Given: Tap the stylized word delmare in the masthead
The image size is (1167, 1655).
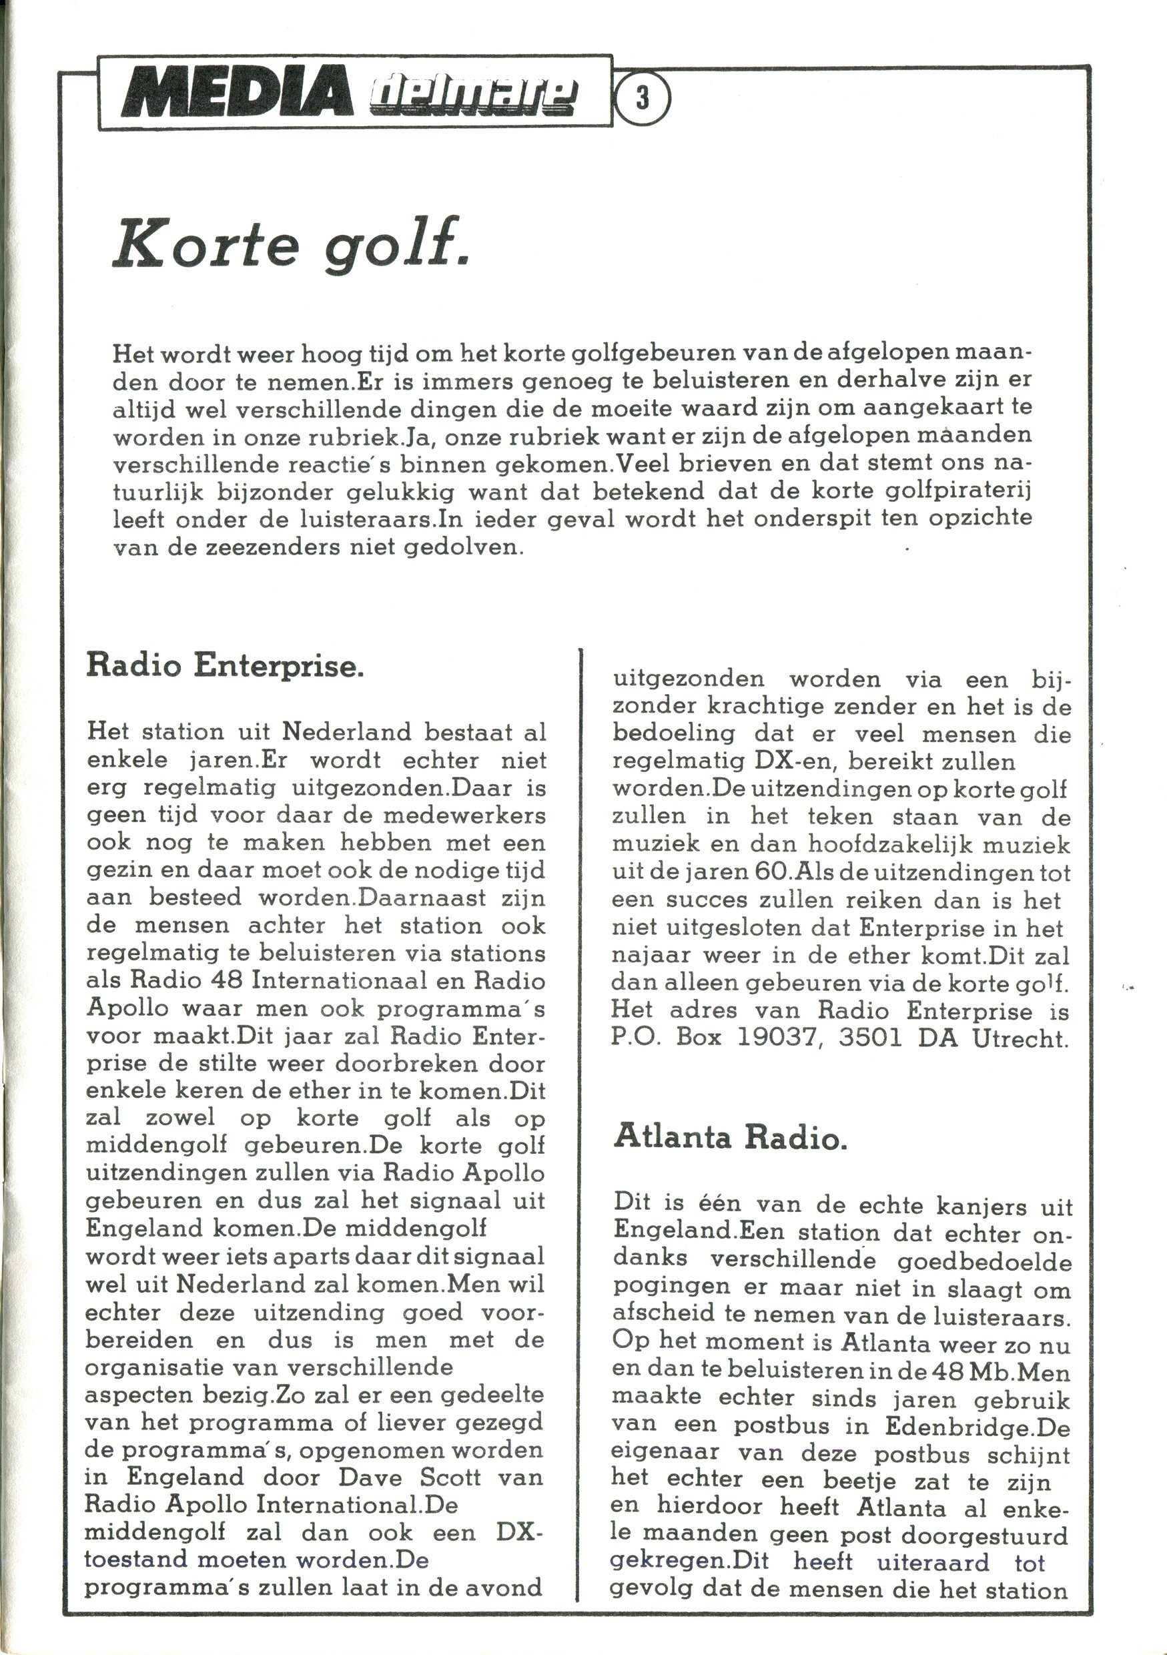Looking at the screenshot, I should tap(473, 98).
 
